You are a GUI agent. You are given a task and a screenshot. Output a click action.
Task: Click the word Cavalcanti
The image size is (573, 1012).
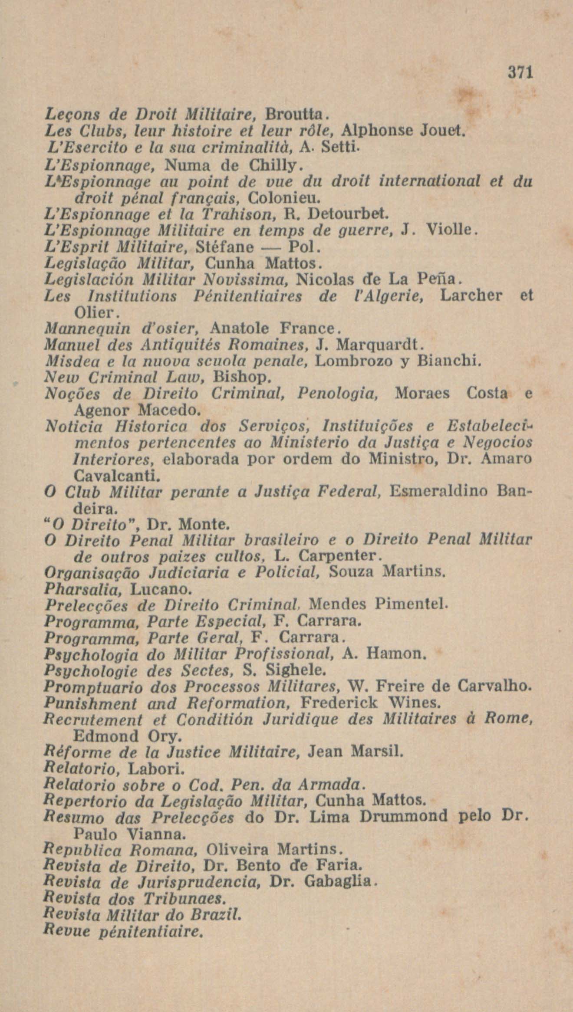(x=117, y=476)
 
